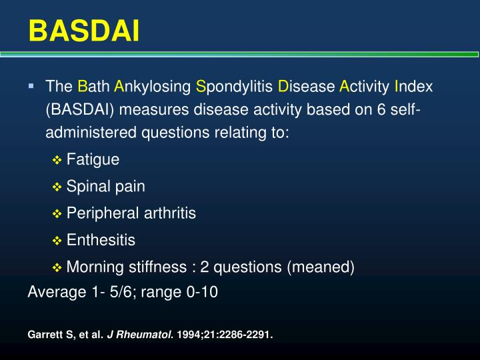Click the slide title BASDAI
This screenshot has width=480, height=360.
[84, 30]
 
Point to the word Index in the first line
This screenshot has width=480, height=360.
[414, 87]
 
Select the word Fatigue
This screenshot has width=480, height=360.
[93, 159]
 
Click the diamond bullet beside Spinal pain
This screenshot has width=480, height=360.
[57, 187]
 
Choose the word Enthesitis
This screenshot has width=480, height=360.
[101, 240]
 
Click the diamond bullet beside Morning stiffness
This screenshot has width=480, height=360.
[57, 267]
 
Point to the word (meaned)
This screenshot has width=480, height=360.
[320, 267]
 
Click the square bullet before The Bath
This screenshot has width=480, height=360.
[31, 86]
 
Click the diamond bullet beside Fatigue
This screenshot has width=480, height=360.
[57, 160]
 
